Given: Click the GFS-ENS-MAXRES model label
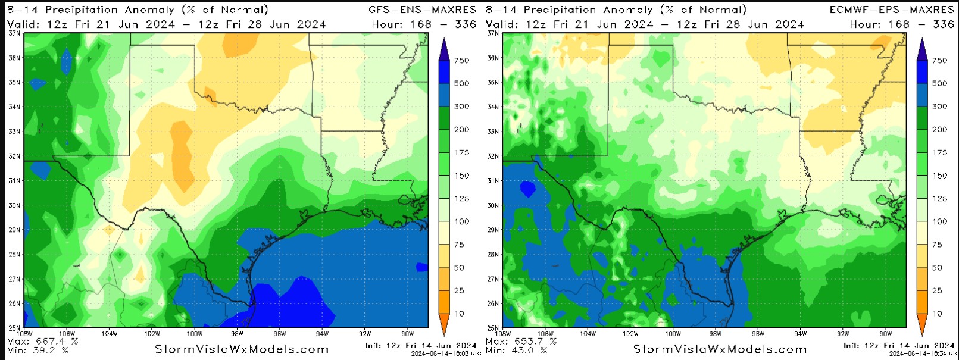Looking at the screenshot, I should tap(422, 10).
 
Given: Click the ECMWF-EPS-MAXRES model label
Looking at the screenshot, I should tap(891, 10).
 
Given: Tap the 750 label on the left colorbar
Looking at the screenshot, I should tap(461, 61).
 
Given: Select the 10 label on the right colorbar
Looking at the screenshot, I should tap(937, 314).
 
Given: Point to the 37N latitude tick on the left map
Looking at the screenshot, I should tap(14, 33).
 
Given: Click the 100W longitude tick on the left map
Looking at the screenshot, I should tap(195, 334).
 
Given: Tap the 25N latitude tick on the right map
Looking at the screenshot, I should tap(493, 328).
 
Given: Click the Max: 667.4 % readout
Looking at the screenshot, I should tap(42, 342).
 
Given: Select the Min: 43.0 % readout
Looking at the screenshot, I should tap(516, 350).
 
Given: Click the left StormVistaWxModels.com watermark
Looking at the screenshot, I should tap(242, 349).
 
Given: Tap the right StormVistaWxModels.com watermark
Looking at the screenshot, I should tap(720, 349).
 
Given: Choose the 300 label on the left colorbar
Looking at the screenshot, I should tap(461, 107).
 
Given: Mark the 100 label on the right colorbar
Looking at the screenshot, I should tap(939, 221).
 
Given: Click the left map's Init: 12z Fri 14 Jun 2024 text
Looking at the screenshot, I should tap(421, 345).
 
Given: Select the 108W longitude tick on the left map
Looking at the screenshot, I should tap(25, 334).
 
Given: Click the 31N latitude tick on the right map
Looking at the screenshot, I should tap(493, 180).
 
